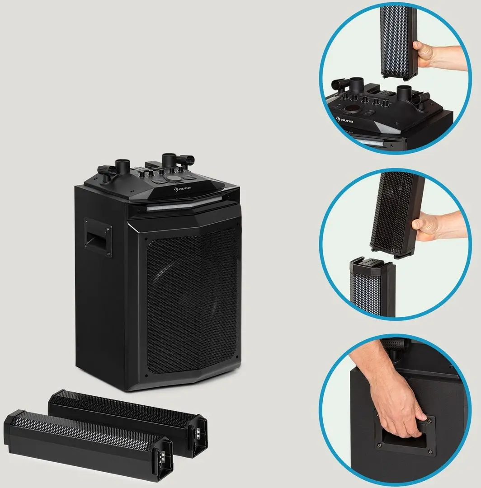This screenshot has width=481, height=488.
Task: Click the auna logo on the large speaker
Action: point(182,188)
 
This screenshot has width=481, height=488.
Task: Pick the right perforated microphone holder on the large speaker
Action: point(186,160)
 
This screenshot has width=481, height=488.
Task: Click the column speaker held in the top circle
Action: point(398,38)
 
